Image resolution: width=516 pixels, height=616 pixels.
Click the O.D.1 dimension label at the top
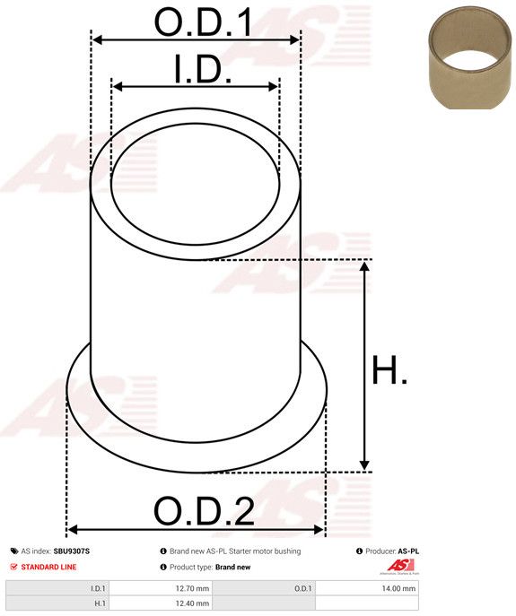pos(203,22)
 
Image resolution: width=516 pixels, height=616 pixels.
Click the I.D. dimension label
pos(203,69)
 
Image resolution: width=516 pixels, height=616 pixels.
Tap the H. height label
pos(389,369)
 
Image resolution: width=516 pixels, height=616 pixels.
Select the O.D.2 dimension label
pos(204,511)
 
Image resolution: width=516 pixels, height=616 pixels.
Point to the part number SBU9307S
pos(72,551)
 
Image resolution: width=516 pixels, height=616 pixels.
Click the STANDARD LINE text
pos(48,567)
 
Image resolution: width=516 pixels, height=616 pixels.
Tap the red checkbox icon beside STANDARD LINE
pos(14,567)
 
